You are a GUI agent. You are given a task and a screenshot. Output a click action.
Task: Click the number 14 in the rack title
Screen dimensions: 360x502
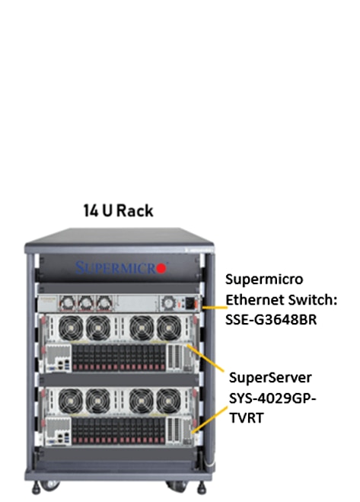pyautogui.click(x=91, y=211)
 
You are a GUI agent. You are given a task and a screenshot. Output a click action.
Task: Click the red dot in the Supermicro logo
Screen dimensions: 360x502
pyautogui.click(x=161, y=268)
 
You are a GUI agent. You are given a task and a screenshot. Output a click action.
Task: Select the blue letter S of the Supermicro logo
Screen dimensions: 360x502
pyautogui.click(x=80, y=267)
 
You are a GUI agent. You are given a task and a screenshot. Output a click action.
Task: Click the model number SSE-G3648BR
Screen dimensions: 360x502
pyautogui.click(x=271, y=319)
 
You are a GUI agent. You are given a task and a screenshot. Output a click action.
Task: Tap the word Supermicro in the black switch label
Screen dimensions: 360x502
pyautogui.click(x=264, y=280)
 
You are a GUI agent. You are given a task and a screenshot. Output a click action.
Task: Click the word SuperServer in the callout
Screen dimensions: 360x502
pyautogui.click(x=270, y=378)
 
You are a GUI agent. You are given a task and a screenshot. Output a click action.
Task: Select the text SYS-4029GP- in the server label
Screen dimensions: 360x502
pyautogui.click(x=272, y=398)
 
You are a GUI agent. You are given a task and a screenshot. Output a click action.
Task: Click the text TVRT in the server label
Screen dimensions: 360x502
pyautogui.click(x=247, y=417)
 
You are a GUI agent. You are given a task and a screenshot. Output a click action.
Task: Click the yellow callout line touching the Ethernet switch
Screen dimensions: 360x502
pyautogui.click(x=215, y=307)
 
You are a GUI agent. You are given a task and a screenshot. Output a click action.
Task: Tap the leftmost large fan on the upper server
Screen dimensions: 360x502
pyautogui.click(x=71, y=328)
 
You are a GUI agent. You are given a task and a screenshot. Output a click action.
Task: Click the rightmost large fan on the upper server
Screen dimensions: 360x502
pyautogui.click(x=169, y=328)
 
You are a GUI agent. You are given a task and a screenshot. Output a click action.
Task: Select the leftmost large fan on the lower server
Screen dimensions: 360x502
pyautogui.click(x=71, y=401)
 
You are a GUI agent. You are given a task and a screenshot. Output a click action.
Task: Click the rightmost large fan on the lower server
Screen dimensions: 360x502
pyautogui.click(x=169, y=401)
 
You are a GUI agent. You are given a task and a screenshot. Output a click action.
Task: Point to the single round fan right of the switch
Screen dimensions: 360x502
pyautogui.click(x=168, y=303)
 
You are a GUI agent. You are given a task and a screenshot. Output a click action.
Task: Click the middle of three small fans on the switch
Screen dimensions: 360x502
pyautogui.click(x=86, y=303)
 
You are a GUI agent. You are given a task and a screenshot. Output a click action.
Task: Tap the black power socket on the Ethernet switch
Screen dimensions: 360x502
pyautogui.click(x=190, y=303)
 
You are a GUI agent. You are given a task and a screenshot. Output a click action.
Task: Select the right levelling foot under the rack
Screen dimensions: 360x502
pyautogui.click(x=201, y=488)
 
